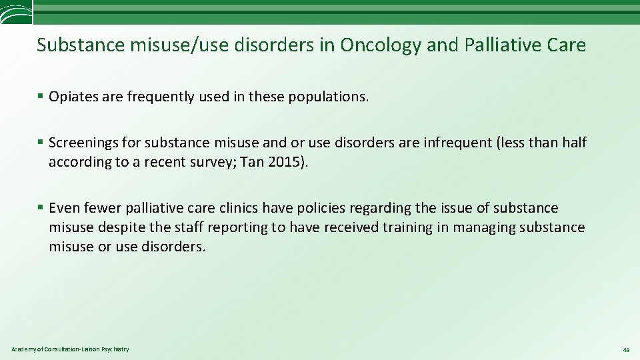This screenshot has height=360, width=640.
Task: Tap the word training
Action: [x=407, y=227]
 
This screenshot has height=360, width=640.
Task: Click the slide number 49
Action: [x=626, y=350]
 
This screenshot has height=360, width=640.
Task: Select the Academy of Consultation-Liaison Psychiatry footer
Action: [x=70, y=349]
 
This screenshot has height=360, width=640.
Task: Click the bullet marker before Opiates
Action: [x=41, y=97]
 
